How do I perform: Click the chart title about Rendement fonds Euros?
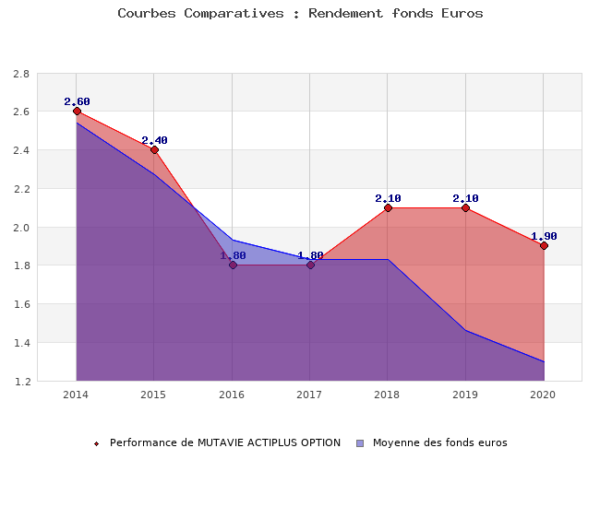coord(300,14)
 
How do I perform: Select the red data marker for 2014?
coord(77,112)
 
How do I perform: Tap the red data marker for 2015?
coord(154,149)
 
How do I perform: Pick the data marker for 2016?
coord(233,265)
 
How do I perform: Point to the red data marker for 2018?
coord(388,207)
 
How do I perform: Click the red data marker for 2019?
coord(465,207)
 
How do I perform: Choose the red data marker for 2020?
coord(544,246)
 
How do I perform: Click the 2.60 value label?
coord(77,101)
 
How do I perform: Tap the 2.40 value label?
coord(154,140)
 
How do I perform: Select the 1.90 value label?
coord(544,236)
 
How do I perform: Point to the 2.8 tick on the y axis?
coord(20,74)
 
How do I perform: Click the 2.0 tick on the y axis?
coord(20,228)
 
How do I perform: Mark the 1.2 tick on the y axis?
coord(20,382)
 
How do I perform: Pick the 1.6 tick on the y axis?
coord(20,304)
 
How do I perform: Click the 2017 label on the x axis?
coord(309,395)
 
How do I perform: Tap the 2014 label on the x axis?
coord(76,395)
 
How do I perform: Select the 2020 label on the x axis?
coord(543,395)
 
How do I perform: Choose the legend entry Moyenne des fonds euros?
coord(439,442)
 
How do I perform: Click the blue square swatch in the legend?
coord(360,443)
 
